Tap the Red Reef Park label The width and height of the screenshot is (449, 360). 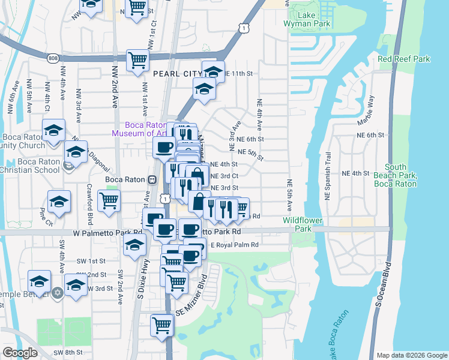point(404,59)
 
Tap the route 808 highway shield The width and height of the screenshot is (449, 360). point(53,58)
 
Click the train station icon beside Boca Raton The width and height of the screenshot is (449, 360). point(152,179)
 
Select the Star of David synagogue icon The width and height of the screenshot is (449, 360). point(58,293)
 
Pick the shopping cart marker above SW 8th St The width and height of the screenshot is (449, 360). point(161,325)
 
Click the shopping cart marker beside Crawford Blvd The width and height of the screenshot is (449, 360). point(109,201)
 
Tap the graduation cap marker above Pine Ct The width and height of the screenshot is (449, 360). point(59,202)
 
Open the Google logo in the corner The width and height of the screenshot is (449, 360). point(20,353)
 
